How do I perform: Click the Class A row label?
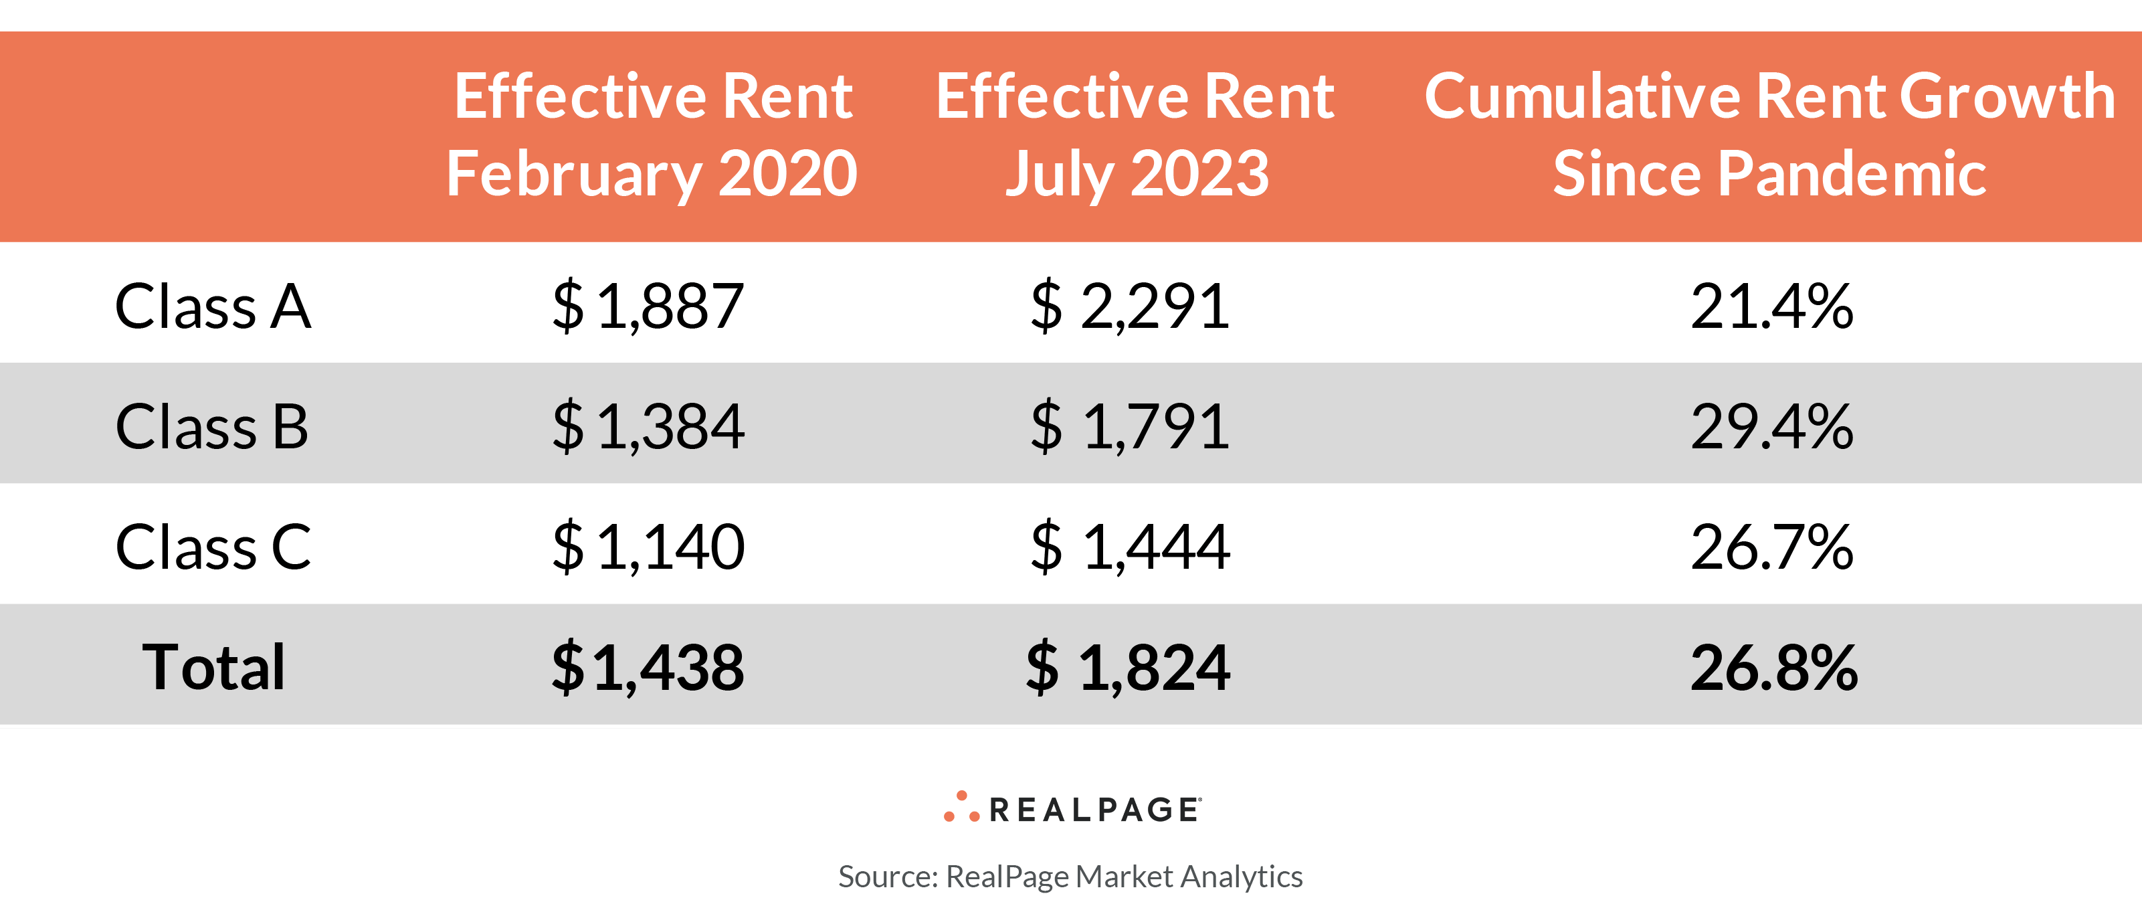click(213, 306)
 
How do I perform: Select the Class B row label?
click(212, 426)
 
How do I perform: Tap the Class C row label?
click(213, 547)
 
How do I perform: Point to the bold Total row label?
click(213, 666)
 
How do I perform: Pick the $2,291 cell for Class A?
click(1129, 306)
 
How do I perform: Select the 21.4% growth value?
click(1771, 306)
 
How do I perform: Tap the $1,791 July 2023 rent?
click(1129, 426)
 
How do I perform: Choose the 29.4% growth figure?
click(1771, 426)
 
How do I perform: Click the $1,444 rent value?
click(1129, 547)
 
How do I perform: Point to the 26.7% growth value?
click(1771, 547)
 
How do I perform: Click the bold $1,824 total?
click(1128, 666)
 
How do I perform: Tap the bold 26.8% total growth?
click(1773, 666)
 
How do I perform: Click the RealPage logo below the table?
click(1072, 808)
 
